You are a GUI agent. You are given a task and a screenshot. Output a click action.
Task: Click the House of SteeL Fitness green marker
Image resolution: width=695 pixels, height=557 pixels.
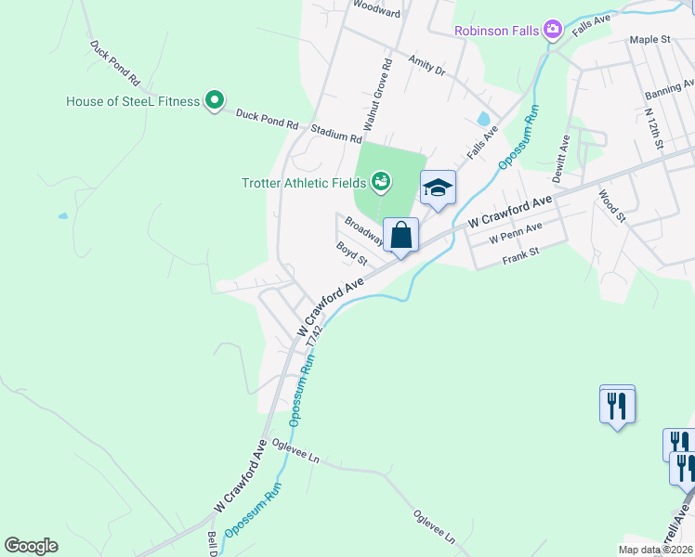(215, 100)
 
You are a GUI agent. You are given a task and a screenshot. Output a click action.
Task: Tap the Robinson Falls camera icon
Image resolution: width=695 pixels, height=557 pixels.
(554, 31)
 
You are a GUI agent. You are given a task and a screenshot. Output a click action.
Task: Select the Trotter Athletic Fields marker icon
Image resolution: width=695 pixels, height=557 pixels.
(381, 181)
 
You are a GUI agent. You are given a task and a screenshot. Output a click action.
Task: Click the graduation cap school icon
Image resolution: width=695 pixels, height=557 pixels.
(439, 188)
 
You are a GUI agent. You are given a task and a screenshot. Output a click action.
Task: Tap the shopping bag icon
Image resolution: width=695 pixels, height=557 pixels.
(400, 235)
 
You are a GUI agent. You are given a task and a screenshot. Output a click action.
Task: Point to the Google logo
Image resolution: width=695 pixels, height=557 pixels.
(31, 546)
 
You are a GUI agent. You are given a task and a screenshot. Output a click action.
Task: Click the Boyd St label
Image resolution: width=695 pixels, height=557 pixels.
(352, 253)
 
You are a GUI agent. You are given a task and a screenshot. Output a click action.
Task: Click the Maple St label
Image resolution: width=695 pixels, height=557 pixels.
(649, 40)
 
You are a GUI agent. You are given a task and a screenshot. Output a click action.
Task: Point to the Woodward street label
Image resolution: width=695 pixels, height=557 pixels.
(377, 13)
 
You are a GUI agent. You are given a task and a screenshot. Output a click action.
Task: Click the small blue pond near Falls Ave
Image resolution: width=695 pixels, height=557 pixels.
(482, 119)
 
